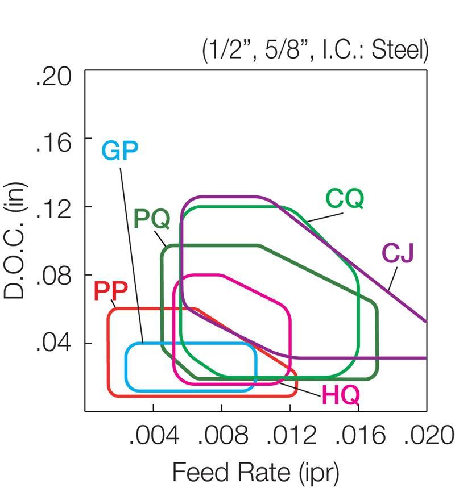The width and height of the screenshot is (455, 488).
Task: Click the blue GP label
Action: tap(120, 151)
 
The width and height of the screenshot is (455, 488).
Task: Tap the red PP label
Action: tap(111, 291)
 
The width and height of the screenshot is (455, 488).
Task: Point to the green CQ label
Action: tap(344, 199)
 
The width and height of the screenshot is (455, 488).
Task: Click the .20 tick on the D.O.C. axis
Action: tap(53, 76)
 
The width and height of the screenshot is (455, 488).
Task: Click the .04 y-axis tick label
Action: tap(53, 345)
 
